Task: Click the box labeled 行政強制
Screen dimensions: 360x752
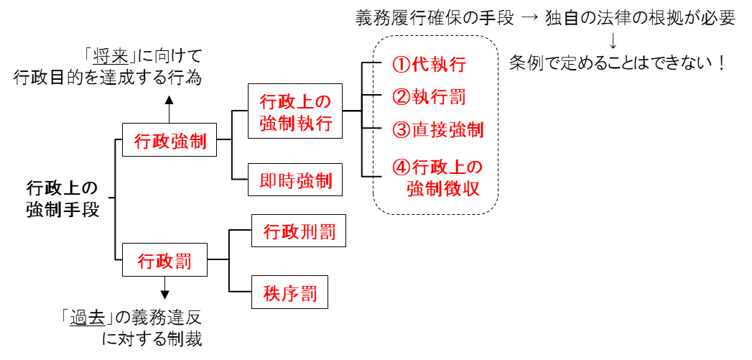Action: point(170,142)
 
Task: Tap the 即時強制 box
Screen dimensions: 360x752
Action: point(295,181)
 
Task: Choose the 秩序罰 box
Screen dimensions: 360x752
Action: point(289,293)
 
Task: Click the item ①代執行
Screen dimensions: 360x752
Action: point(429,65)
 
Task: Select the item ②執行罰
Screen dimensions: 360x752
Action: point(429,96)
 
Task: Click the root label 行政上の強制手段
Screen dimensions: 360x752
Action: point(62,199)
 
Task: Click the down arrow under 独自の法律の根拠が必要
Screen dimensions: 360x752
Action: point(613,39)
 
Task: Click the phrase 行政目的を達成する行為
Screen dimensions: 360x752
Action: point(108,77)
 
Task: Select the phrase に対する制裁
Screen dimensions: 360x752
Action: point(152,337)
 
